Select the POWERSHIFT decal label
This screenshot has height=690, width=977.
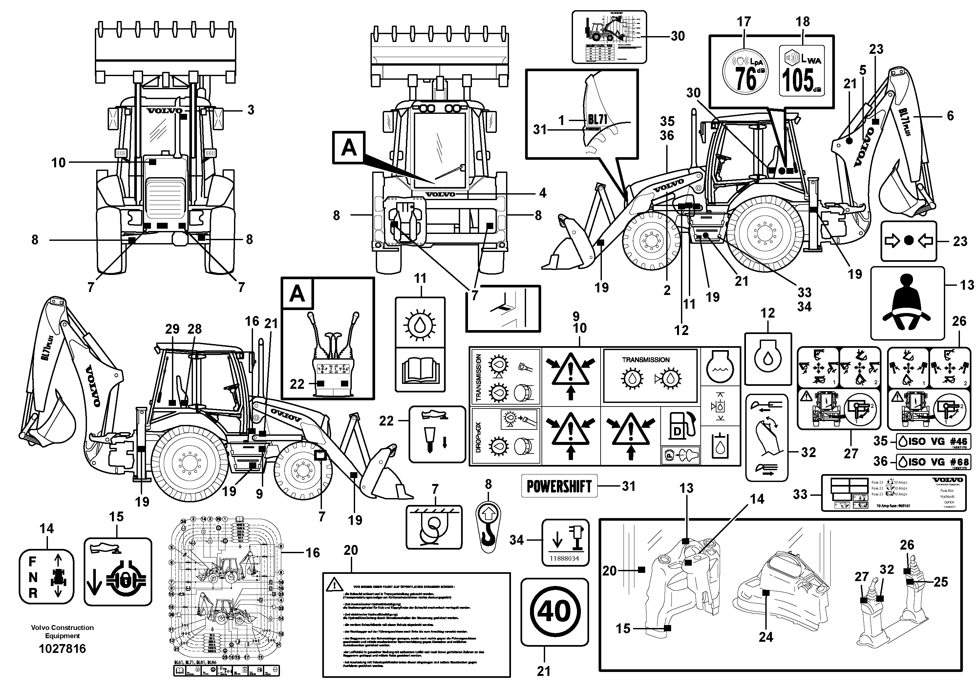click(559, 486)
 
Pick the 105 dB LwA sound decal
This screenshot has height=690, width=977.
click(802, 70)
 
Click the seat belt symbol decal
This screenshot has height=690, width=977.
click(907, 303)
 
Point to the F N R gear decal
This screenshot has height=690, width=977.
click(46, 577)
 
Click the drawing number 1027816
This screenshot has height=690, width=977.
click(62, 649)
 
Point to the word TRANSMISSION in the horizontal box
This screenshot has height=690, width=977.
click(646, 360)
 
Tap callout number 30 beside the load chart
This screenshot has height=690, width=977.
click(677, 36)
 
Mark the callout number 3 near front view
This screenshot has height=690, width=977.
click(251, 110)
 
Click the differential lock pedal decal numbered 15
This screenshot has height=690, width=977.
click(117, 571)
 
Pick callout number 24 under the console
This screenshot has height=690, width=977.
click(766, 637)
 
